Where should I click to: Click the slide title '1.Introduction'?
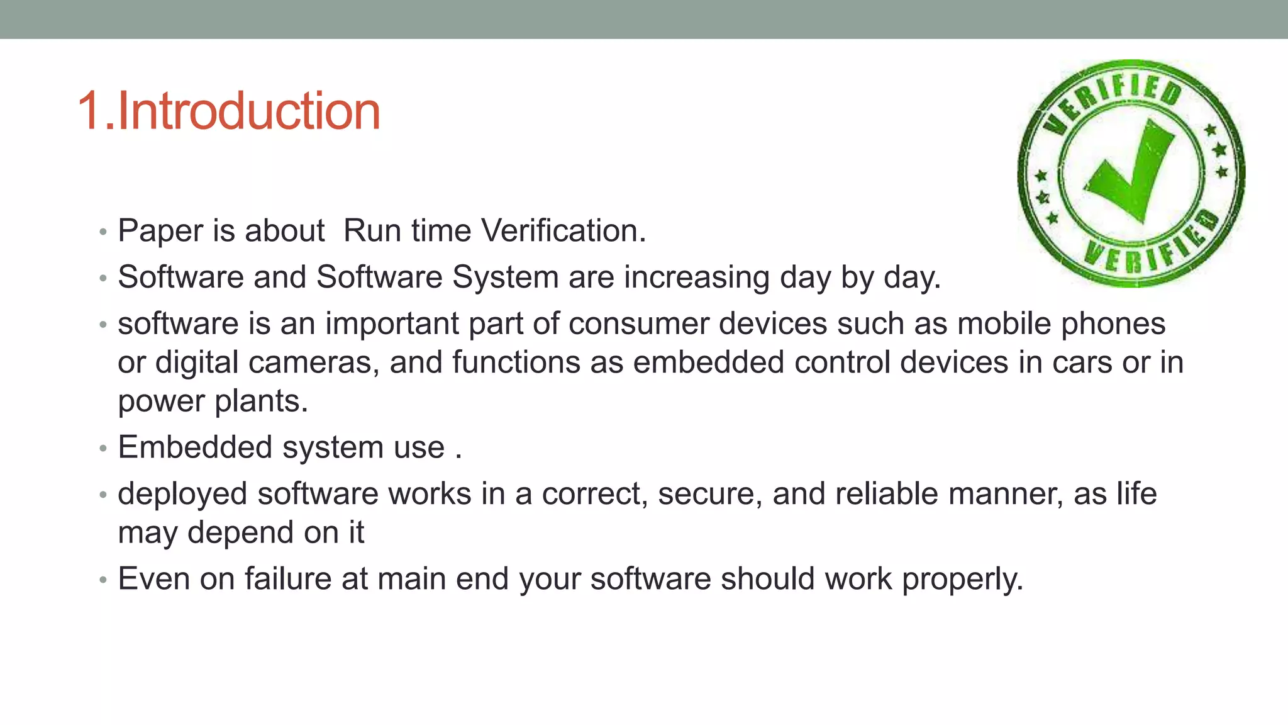229,111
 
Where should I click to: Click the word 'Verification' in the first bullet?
563,230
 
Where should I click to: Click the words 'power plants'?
213,402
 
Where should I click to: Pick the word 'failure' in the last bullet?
288,578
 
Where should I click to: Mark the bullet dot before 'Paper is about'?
103,232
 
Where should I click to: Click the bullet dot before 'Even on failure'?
103,580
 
